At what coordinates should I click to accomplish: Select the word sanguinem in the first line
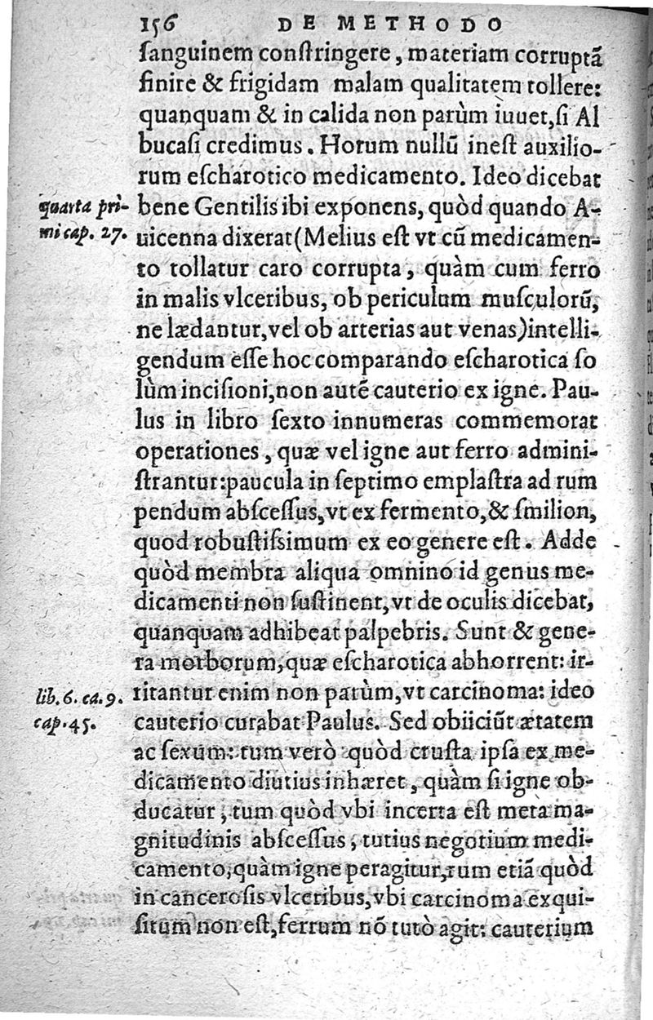tap(189, 58)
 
